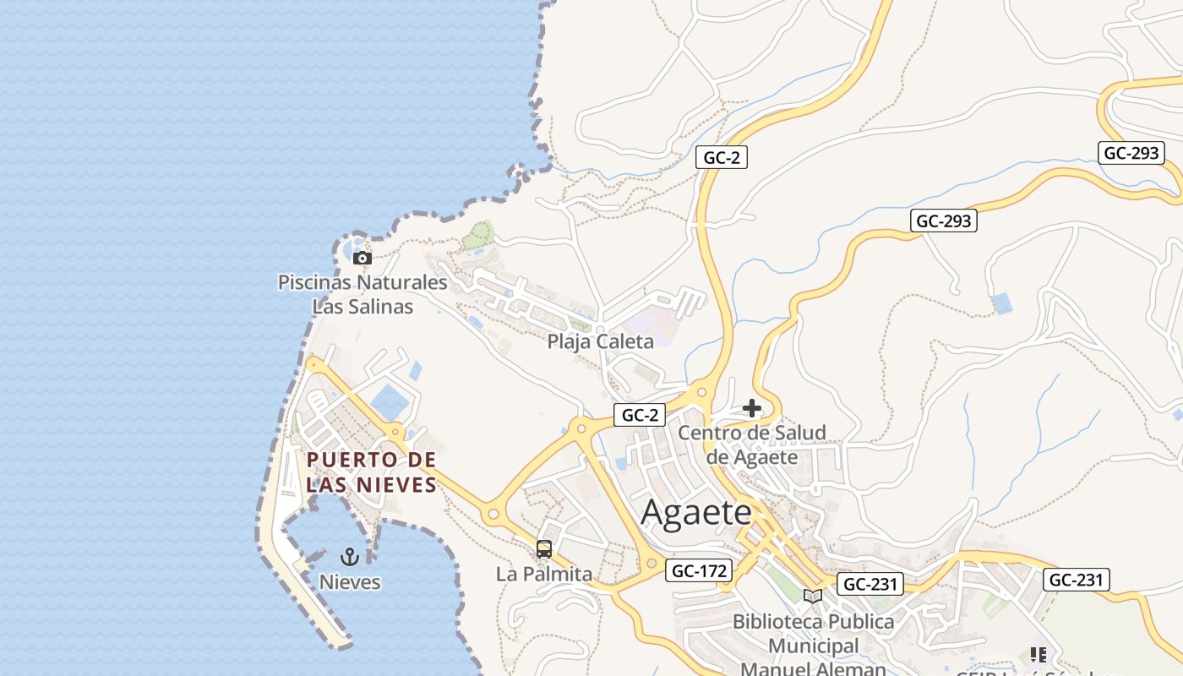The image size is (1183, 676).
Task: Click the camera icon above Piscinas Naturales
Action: [x=362, y=258]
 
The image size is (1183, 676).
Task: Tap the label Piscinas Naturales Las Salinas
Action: [x=363, y=294]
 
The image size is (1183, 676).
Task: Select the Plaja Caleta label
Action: [x=600, y=341]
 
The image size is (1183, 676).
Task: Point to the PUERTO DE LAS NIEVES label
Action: [x=372, y=472]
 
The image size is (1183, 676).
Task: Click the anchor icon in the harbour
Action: [x=349, y=556]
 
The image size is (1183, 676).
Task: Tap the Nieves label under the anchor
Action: [x=349, y=582]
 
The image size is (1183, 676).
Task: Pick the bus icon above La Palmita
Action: [x=544, y=549]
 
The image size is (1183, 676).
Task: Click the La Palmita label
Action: [x=544, y=575]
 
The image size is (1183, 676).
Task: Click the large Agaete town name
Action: [x=696, y=513]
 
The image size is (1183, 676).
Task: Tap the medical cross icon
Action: [x=751, y=409]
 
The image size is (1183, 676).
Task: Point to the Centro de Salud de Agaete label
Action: [x=752, y=444]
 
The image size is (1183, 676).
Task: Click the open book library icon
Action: [x=812, y=596]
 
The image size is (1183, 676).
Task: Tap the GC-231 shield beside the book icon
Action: [x=870, y=584]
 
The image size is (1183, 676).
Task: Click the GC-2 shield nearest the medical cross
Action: [x=640, y=415]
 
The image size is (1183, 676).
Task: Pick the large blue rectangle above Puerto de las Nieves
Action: [x=390, y=401]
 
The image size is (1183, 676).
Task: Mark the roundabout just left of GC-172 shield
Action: [x=651, y=563]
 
